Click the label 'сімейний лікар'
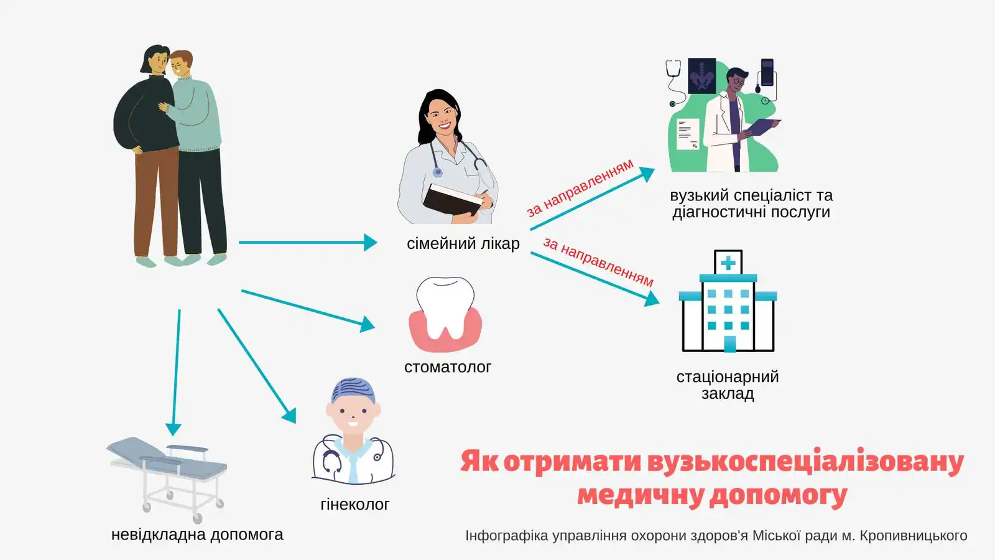(x=463, y=243)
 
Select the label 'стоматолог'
(x=447, y=367)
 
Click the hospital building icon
(x=728, y=305)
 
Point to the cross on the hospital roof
(x=728, y=263)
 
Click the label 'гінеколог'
(x=354, y=505)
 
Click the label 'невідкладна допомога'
(x=197, y=534)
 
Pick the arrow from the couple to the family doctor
(x=308, y=242)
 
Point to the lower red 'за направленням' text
(x=598, y=261)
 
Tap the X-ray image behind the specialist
(x=701, y=76)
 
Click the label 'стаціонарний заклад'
(x=728, y=385)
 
